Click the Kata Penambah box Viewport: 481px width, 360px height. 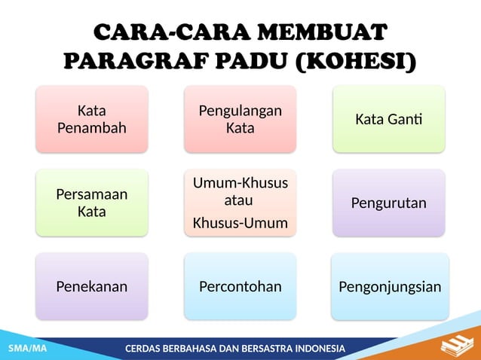91,119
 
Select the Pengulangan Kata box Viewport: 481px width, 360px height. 240,119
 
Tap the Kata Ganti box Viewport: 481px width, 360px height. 389,119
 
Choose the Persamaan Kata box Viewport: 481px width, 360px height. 91,203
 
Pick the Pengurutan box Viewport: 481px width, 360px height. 389,203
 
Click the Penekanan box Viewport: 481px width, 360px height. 91,286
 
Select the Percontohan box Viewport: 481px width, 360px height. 240,286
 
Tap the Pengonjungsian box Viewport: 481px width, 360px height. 390,286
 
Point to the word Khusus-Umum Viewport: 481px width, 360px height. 240,223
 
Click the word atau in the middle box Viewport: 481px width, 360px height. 240,200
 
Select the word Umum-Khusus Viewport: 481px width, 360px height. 240,183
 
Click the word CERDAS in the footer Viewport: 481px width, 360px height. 144,349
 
